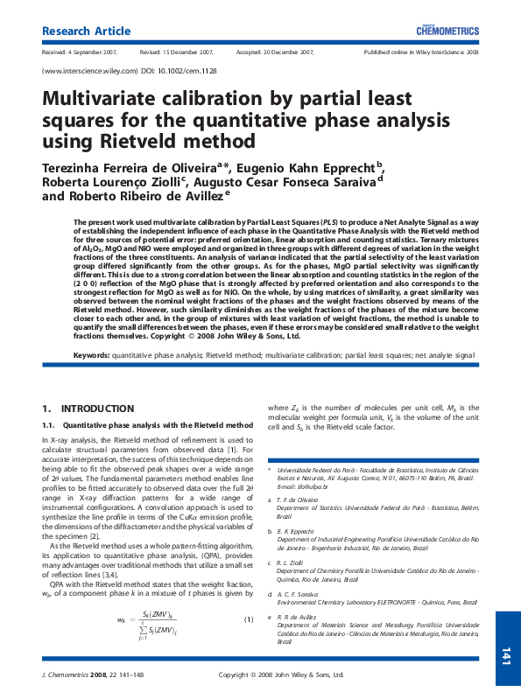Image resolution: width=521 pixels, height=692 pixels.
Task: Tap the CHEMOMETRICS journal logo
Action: click(x=447, y=31)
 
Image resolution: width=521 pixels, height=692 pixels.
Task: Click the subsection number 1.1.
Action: click(x=48, y=424)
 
